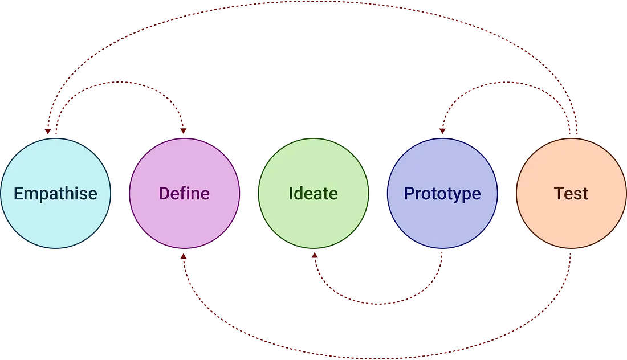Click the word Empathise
tap(55, 193)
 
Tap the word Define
tap(184, 193)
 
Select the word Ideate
tap(313, 193)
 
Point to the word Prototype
tap(442, 193)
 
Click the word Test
tap(571, 193)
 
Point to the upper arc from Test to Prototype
tap(507, 83)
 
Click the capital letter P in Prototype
tap(408, 193)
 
